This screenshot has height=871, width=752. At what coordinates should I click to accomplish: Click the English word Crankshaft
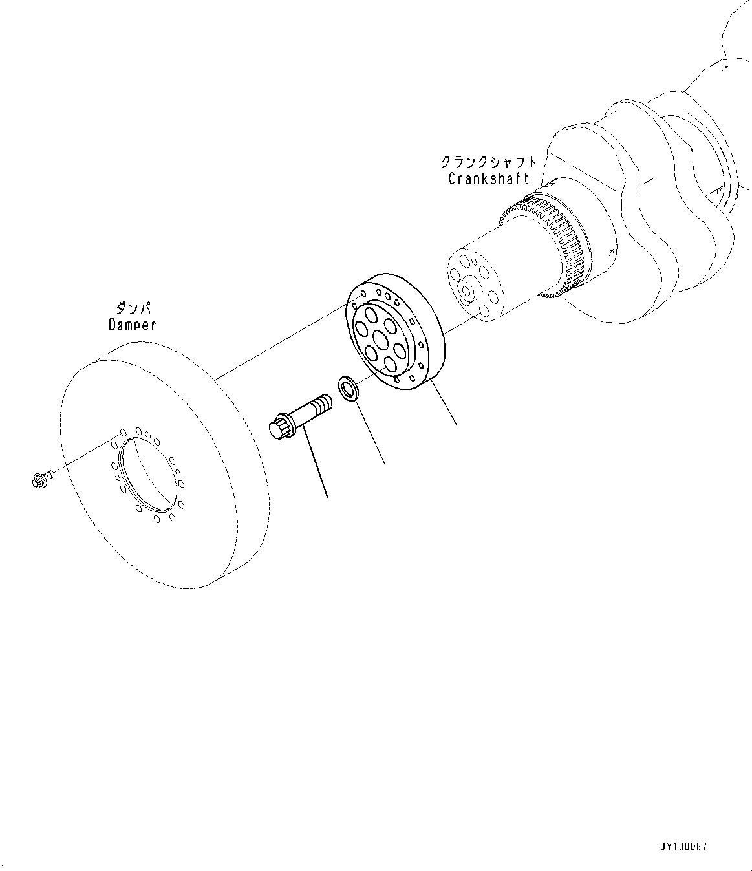pyautogui.click(x=488, y=178)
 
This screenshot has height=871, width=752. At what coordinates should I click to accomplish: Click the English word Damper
pyautogui.click(x=132, y=325)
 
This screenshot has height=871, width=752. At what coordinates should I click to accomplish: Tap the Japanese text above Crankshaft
pyautogui.click(x=488, y=162)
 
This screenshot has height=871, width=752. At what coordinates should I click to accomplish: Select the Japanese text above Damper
pyautogui.click(x=133, y=308)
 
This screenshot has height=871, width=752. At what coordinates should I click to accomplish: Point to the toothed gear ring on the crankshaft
pyautogui.click(x=561, y=249)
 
